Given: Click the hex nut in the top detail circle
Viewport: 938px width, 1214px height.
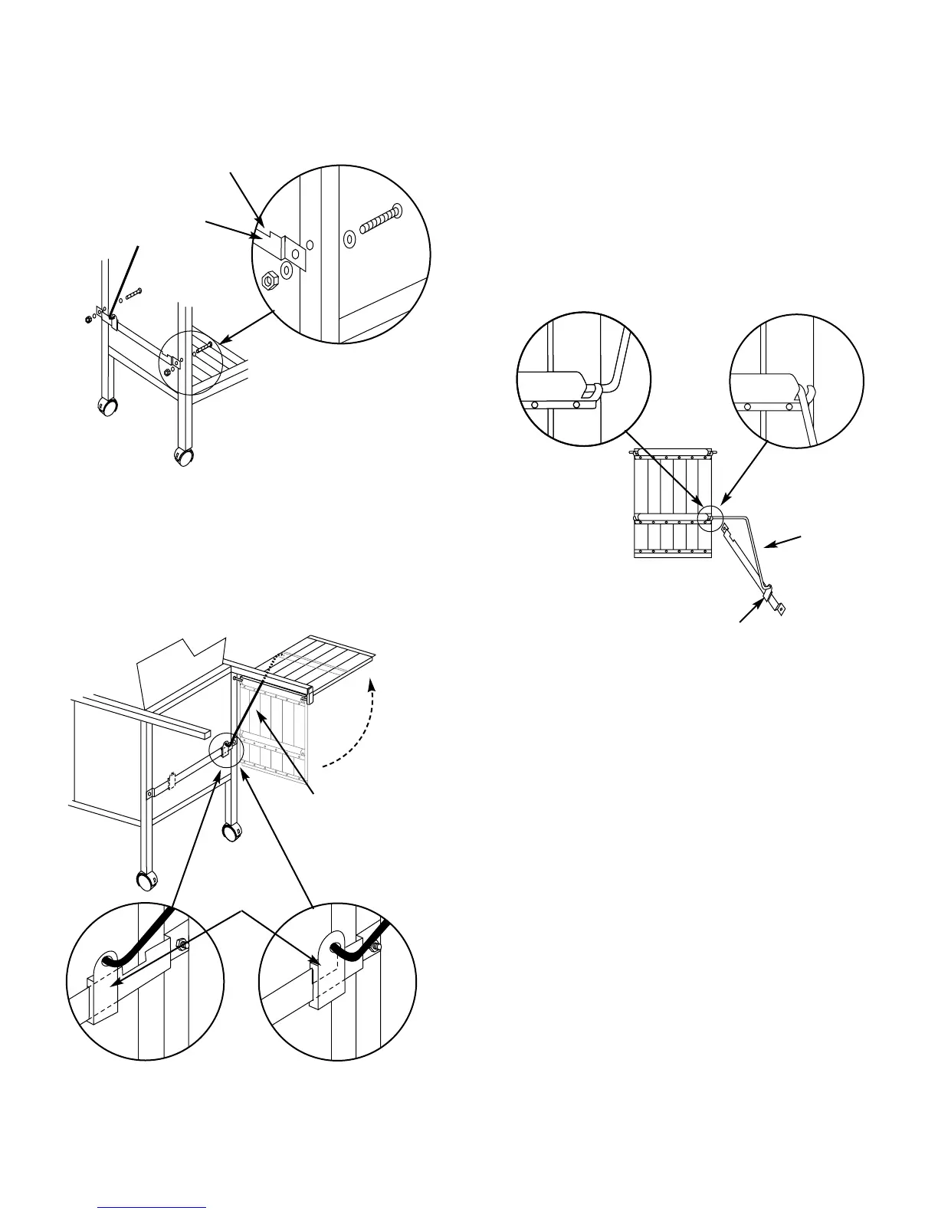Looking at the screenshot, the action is point(269,280).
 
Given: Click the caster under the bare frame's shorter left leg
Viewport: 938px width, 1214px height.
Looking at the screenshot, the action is point(109,405).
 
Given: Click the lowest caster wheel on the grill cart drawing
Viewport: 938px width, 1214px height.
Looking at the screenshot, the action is point(143,881).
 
